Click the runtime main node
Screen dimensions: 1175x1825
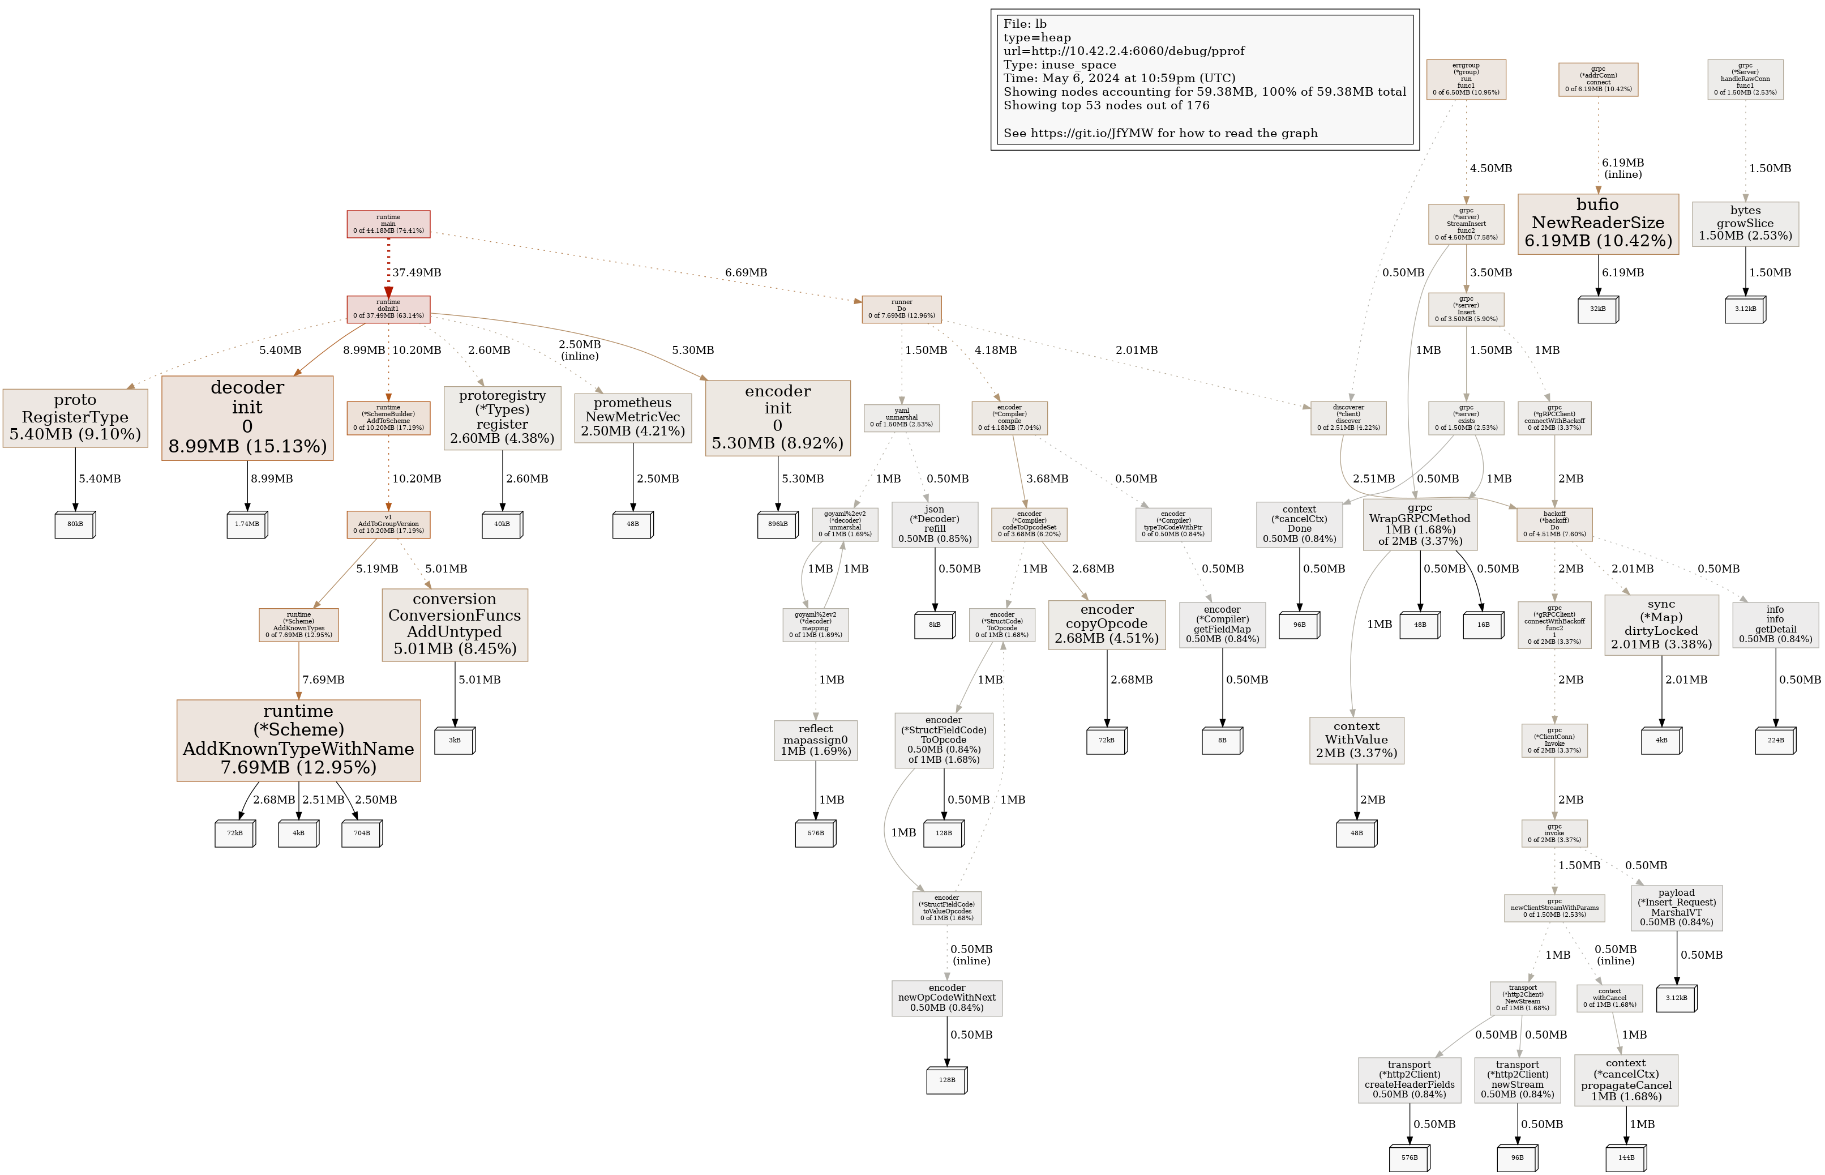click(388, 224)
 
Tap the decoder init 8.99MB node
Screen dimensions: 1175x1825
click(247, 417)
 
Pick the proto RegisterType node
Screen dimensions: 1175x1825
click(75, 417)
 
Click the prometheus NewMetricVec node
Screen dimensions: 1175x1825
click(632, 417)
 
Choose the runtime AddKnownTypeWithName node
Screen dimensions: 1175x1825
click(298, 740)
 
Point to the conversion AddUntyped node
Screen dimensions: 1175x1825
click(455, 624)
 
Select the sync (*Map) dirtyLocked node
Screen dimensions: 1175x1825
click(1661, 624)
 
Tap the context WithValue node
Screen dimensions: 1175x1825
click(1356, 740)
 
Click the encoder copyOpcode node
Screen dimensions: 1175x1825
click(1107, 624)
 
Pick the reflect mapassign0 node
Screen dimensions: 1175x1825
click(815, 740)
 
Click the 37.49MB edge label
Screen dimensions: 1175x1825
click(417, 272)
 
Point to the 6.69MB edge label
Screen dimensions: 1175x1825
click(746, 272)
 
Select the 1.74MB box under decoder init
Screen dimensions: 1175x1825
click(247, 524)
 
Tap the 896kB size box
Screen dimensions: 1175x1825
click(777, 524)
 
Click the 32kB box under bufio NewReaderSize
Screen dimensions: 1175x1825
click(1598, 309)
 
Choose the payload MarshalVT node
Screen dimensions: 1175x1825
click(1676, 907)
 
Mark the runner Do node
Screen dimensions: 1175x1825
click(901, 309)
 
